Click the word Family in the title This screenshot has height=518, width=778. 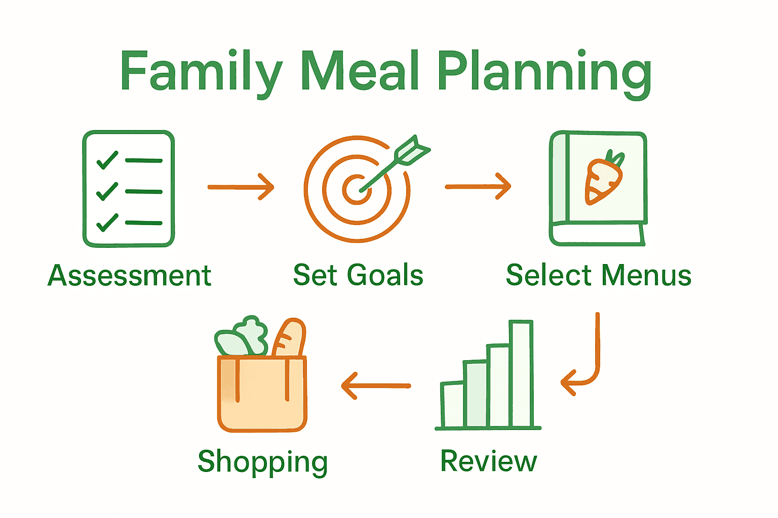pyautogui.click(x=201, y=72)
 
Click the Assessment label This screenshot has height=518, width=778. pyautogui.click(x=129, y=276)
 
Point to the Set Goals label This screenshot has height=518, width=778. pyautogui.click(x=358, y=276)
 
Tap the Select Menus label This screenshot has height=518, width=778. pyautogui.click(x=599, y=276)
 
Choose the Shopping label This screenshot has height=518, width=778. pyautogui.click(x=262, y=462)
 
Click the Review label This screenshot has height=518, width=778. pyautogui.click(x=488, y=461)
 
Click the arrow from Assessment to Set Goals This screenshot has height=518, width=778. pyautogui.click(x=241, y=187)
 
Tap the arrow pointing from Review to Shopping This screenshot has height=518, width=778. pyautogui.click(x=376, y=386)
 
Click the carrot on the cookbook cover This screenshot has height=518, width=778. pyautogui.click(x=603, y=179)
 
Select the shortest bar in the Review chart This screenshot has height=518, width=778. pyautogui.click(x=452, y=405)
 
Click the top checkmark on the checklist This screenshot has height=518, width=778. pyautogui.click(x=107, y=160)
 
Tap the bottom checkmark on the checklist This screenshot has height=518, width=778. pyautogui.click(x=107, y=223)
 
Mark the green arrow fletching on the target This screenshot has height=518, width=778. pyautogui.click(x=411, y=150)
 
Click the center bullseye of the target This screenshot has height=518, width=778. pyautogui.click(x=357, y=190)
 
